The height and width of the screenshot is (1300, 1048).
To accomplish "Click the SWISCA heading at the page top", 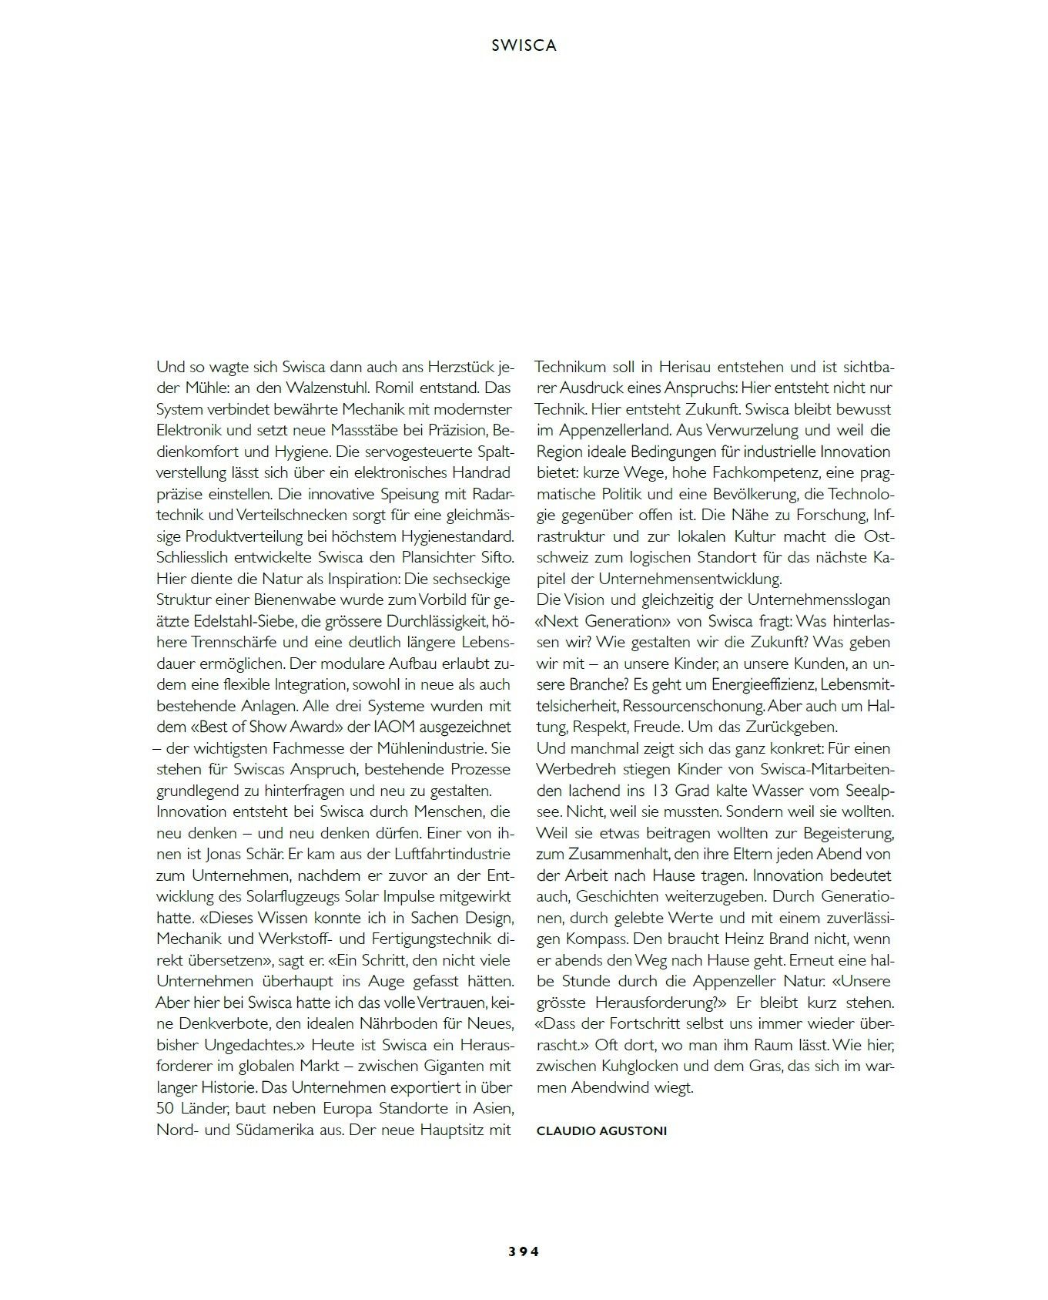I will coord(524,45).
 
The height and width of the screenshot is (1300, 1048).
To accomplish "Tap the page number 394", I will coord(524,1251).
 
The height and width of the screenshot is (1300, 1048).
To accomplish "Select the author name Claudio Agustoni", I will coord(601,1130).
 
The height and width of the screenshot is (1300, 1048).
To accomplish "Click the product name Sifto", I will coord(495,557).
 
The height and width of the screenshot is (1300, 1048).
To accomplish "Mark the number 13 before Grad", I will coord(657,791).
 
